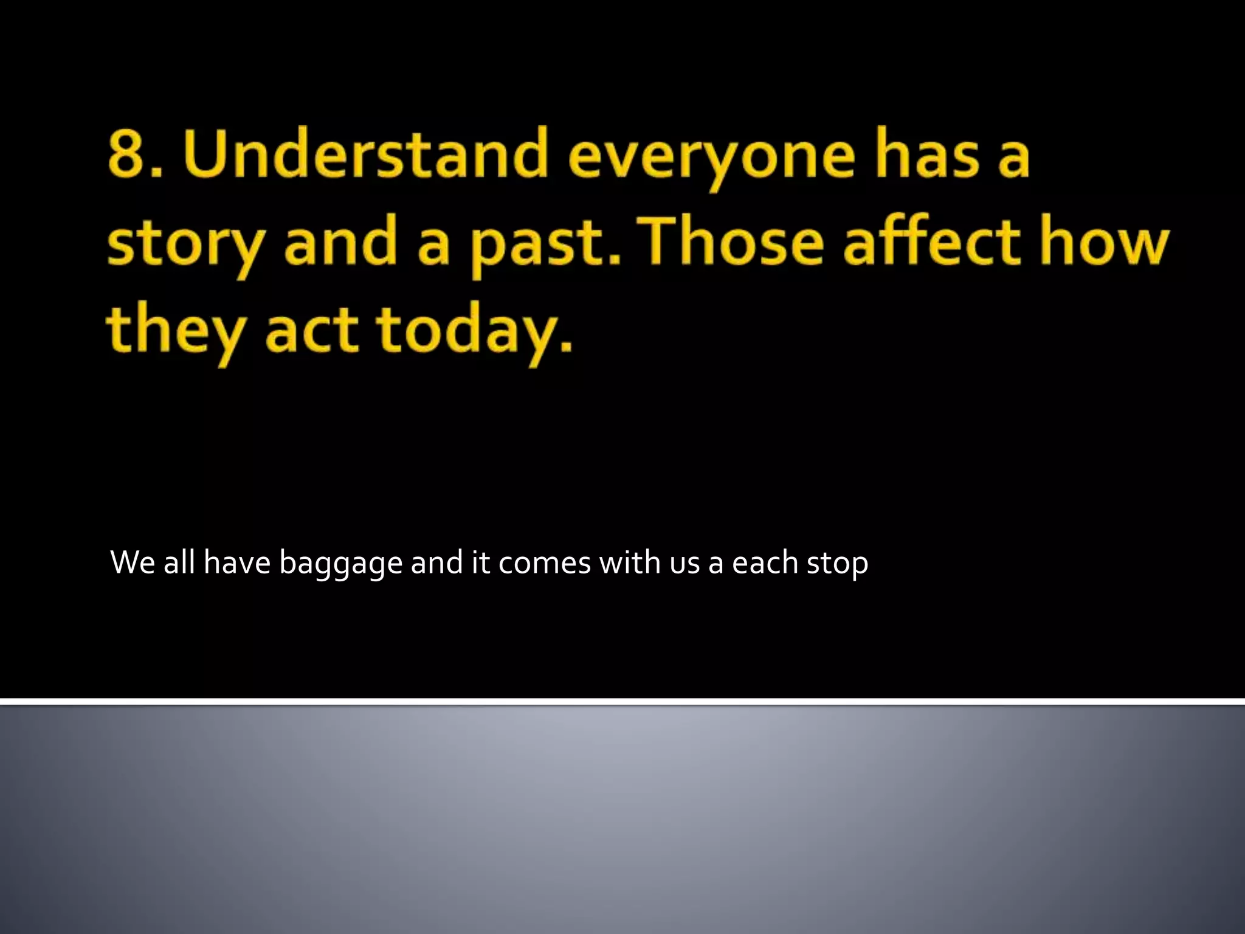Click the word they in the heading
pos(176,331)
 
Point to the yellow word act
pos(311,331)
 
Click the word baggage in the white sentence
pos(340,563)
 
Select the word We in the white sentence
pos(133,562)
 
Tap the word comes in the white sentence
pos(544,563)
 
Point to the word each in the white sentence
pos(764,562)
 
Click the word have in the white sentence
pos(236,562)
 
